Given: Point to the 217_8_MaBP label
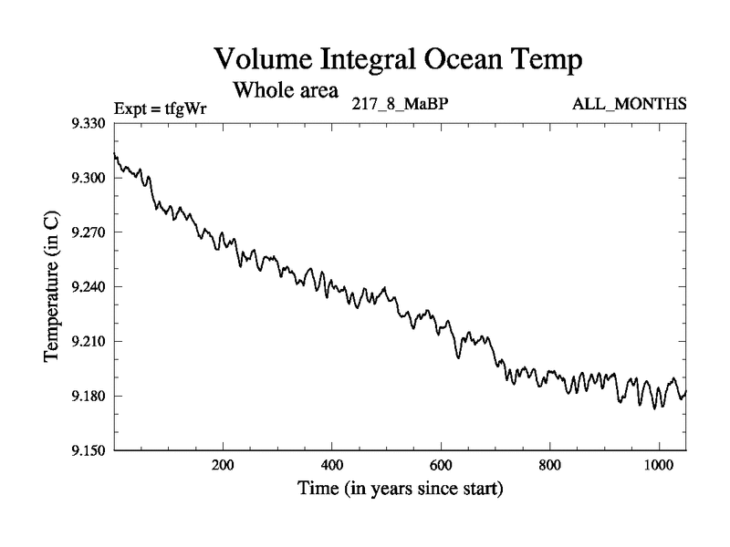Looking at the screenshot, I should [x=399, y=104].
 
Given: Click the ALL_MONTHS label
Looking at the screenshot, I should [x=629, y=104].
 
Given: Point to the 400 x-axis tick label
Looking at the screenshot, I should [x=331, y=465].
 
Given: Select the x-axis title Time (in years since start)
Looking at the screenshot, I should [x=400, y=490].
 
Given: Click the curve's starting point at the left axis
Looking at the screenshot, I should [x=114, y=154].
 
